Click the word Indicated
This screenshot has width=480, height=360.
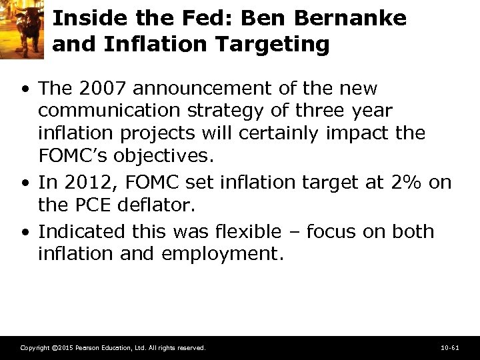79,231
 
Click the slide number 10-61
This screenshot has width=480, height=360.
450,347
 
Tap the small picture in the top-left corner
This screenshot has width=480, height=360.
21,28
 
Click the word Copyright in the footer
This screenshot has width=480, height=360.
34,347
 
